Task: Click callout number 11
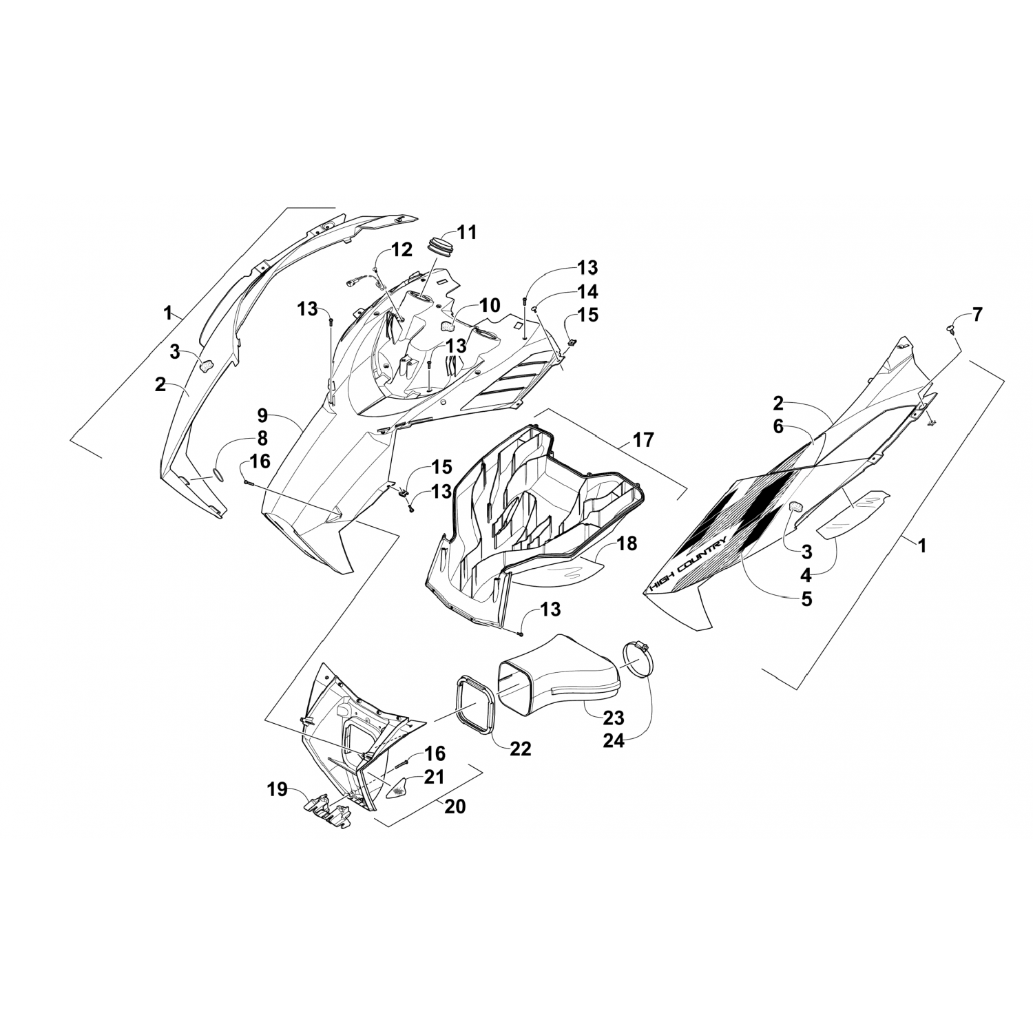pyautogui.click(x=467, y=232)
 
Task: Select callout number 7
pyautogui.click(x=977, y=315)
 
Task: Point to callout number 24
pyautogui.click(x=614, y=742)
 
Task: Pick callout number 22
pyautogui.click(x=521, y=749)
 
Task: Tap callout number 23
pyautogui.click(x=613, y=718)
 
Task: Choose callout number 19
pyautogui.click(x=278, y=790)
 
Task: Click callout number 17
pyautogui.click(x=643, y=439)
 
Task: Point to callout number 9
pyautogui.click(x=262, y=415)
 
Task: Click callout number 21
pyautogui.click(x=434, y=777)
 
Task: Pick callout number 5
pyautogui.click(x=805, y=599)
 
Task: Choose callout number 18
pyautogui.click(x=627, y=543)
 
